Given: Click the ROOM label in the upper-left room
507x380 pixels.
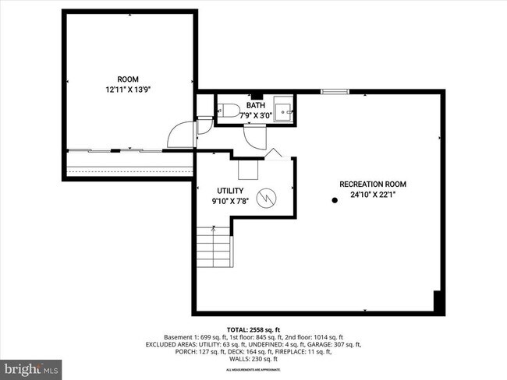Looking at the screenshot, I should pyautogui.click(x=129, y=79).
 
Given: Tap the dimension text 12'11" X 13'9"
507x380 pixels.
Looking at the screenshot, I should pyautogui.click(x=129, y=90).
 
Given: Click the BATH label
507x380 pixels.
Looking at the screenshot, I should pyautogui.click(x=255, y=105).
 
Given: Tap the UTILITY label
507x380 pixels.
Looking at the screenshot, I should pyautogui.click(x=229, y=191).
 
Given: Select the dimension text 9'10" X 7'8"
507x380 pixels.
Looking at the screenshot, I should pyautogui.click(x=229, y=201).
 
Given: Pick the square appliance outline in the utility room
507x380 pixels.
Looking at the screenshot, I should pyautogui.click(x=249, y=169).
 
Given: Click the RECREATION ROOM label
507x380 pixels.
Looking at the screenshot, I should pyautogui.click(x=372, y=185).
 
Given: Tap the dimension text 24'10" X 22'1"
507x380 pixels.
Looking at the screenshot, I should pyautogui.click(x=372, y=195).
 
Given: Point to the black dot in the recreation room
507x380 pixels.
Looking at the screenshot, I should pyautogui.click(x=335, y=200).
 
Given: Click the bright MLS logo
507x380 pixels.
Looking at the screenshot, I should pyautogui.click(x=32, y=366).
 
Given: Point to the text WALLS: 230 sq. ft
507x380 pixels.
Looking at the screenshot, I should pyautogui.click(x=253, y=359).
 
